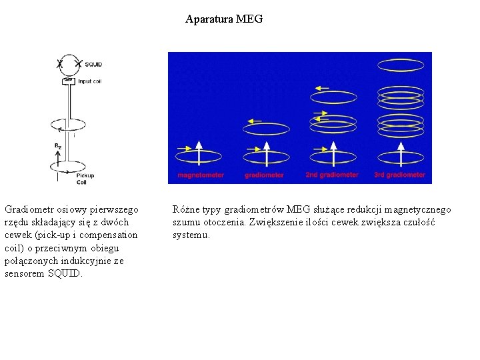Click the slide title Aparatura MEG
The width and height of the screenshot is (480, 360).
click(x=224, y=19)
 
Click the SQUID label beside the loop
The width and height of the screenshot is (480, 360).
click(x=93, y=64)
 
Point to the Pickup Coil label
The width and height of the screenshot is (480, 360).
click(x=85, y=178)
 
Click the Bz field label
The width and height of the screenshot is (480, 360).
click(x=58, y=145)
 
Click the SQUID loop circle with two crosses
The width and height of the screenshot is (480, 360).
click(x=69, y=65)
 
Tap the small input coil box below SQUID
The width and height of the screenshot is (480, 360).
click(x=67, y=81)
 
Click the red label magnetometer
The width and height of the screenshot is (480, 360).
click(x=201, y=175)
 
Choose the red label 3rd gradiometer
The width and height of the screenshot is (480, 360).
click(x=399, y=175)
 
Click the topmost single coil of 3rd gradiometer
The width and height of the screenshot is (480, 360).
click(x=400, y=65)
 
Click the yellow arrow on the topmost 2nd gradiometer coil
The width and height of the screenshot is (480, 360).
click(x=321, y=87)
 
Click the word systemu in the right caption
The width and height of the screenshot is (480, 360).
click(x=191, y=235)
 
